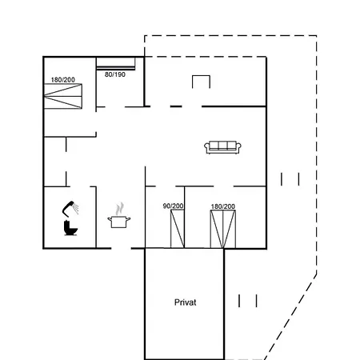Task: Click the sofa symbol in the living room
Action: click(x=222, y=147)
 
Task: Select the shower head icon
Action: click(x=69, y=208)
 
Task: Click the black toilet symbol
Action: click(x=70, y=228)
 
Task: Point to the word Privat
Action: click(x=185, y=302)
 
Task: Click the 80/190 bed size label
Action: click(x=115, y=74)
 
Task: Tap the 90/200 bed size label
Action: click(x=173, y=206)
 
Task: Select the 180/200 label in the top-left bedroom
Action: click(x=63, y=80)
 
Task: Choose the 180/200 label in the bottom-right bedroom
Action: click(x=223, y=206)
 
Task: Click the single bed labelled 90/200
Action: click(x=178, y=229)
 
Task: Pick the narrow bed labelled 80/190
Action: click(x=116, y=64)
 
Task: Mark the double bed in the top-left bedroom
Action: click(x=63, y=96)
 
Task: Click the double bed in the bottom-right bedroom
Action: click(x=223, y=230)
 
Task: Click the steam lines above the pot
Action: click(x=120, y=209)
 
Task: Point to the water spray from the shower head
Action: click(x=76, y=208)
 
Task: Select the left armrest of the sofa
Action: click(x=207, y=147)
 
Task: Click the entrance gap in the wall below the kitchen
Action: click(x=122, y=248)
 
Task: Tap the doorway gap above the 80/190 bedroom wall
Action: click(x=115, y=107)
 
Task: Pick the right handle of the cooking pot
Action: click(x=129, y=219)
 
